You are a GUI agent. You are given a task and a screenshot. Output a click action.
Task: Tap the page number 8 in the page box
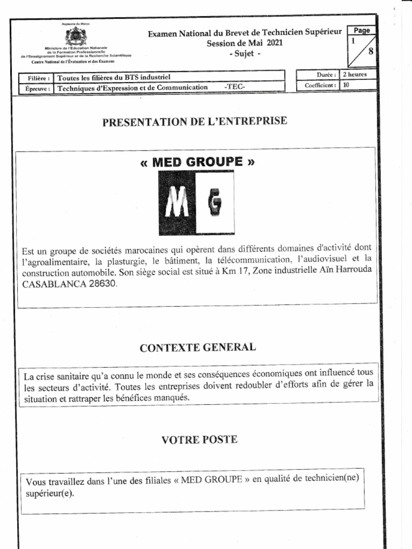pyautogui.click(x=370, y=52)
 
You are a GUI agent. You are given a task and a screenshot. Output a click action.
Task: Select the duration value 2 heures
pyautogui.click(x=355, y=75)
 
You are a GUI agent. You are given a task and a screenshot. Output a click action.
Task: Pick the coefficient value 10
pyautogui.click(x=346, y=85)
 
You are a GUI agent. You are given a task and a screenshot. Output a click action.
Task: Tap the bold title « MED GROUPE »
pyautogui.click(x=196, y=161)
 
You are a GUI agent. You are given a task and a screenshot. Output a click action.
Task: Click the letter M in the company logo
pyautogui.click(x=177, y=204)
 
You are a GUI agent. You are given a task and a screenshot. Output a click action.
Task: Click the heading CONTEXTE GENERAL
pyautogui.click(x=197, y=347)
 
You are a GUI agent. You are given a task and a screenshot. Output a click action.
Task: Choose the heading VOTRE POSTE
pyautogui.click(x=199, y=440)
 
